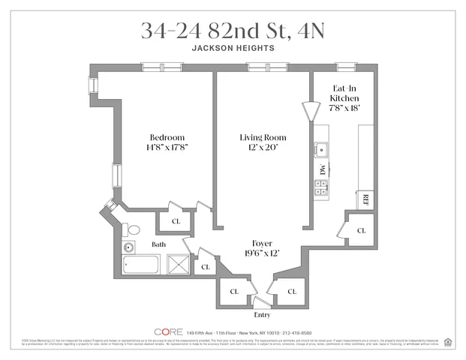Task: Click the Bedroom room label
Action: pyautogui.click(x=167, y=137)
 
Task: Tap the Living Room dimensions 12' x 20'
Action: pyautogui.click(x=263, y=148)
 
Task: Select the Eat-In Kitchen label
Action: pyautogui.click(x=345, y=93)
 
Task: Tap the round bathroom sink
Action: pyautogui.click(x=128, y=246)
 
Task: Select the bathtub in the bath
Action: pyautogui.click(x=141, y=265)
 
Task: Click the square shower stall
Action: pyautogui.click(x=178, y=265)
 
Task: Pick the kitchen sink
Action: pyautogui.click(x=320, y=148)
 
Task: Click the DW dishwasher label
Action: pyautogui.click(x=320, y=170)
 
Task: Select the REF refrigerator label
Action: pyautogui.click(x=365, y=199)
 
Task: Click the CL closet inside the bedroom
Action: pyautogui.click(x=175, y=221)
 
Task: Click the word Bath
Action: pyautogui.click(x=159, y=244)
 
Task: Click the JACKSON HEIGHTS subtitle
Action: pyautogui.click(x=233, y=48)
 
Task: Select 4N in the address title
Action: pyautogui.click(x=308, y=30)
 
